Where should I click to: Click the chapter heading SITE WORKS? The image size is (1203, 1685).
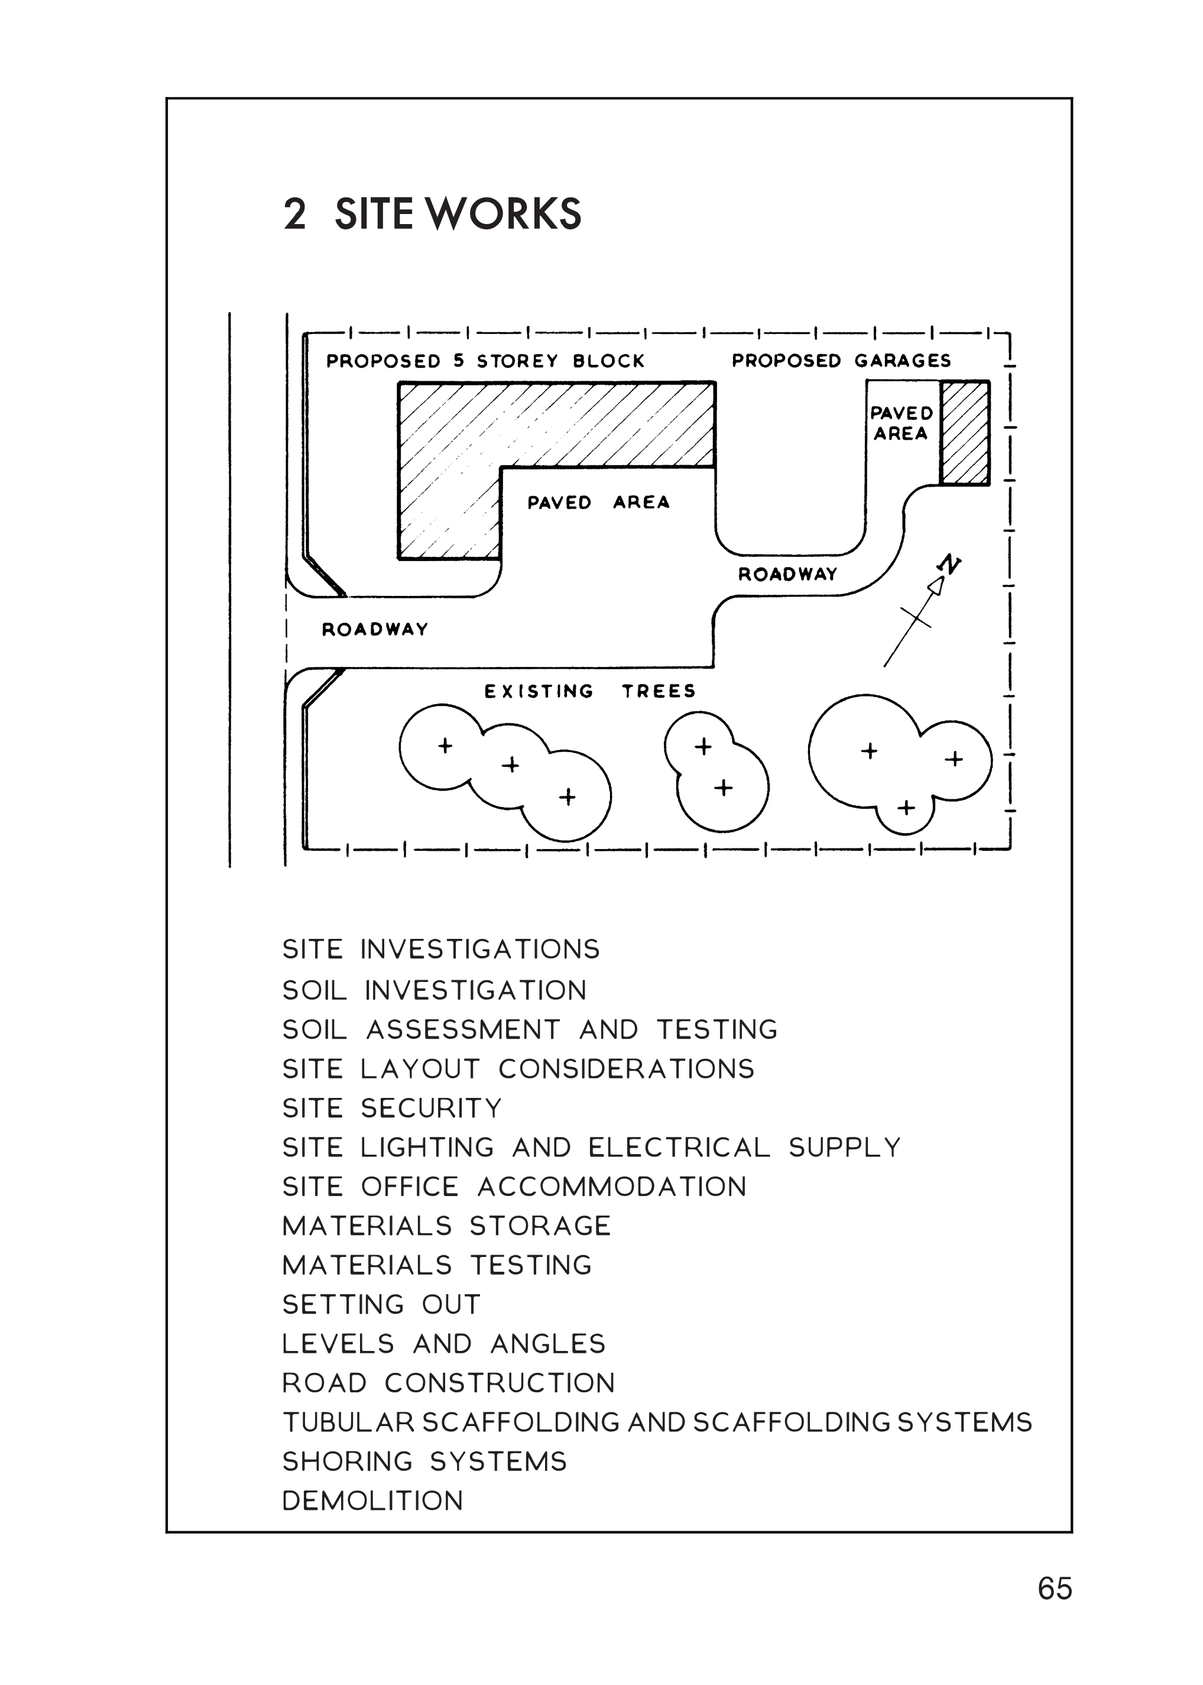458,215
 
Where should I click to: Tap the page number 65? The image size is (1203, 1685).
1054,1588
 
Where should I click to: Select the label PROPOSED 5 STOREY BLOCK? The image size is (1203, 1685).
485,361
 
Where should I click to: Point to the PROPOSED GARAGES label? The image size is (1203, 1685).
841,361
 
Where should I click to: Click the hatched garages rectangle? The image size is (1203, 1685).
965,433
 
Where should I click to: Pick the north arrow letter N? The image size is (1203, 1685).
949,565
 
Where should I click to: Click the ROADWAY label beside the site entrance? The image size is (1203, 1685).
375,630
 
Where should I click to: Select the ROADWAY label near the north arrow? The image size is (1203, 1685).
787,574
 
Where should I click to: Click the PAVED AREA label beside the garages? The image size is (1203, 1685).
901,423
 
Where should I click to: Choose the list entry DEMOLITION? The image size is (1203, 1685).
372,1501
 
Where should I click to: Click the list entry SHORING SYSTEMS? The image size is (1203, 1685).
424,1462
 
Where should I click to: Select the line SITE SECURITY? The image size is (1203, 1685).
392,1108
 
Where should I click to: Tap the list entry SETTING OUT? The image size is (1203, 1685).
381,1304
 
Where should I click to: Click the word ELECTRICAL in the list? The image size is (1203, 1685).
679,1148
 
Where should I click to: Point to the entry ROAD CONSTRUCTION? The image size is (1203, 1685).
448,1383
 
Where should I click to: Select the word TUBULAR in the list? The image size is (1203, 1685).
348,1422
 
